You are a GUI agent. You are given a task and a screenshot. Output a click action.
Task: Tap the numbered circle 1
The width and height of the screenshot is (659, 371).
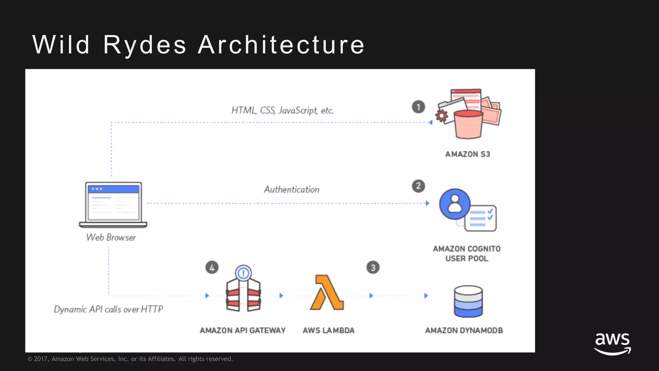418,107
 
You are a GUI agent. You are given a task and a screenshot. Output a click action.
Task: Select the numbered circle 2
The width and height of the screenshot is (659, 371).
418,186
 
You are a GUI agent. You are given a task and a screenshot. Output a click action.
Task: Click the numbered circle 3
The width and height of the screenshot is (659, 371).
373,268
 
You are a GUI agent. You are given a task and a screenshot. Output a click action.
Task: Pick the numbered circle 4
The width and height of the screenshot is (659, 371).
212,268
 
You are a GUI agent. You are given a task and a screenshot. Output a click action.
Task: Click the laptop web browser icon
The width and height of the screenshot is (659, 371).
113,205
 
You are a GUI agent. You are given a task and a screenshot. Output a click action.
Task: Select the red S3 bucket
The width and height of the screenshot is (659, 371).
468,124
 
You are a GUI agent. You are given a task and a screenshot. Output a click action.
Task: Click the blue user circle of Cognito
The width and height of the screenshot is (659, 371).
455,204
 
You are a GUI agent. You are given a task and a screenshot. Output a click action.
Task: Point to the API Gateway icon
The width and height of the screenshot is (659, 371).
243,290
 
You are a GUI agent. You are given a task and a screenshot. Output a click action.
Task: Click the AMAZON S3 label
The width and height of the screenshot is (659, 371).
468,154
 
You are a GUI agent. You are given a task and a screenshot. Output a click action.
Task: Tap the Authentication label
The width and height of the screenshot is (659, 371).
292,189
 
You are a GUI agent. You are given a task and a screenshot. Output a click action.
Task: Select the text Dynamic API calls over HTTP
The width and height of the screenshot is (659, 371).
108,309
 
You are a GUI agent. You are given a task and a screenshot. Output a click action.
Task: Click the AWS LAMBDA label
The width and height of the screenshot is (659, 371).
329,330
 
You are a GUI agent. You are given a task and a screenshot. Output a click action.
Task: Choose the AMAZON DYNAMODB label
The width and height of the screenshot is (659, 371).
464,330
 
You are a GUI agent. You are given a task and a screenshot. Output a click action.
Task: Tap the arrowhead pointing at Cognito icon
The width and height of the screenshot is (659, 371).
427,203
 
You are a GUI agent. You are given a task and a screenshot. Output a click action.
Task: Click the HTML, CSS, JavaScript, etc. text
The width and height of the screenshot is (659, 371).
282,110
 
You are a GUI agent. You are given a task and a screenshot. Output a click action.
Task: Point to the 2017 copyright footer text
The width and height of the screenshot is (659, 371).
130,359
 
